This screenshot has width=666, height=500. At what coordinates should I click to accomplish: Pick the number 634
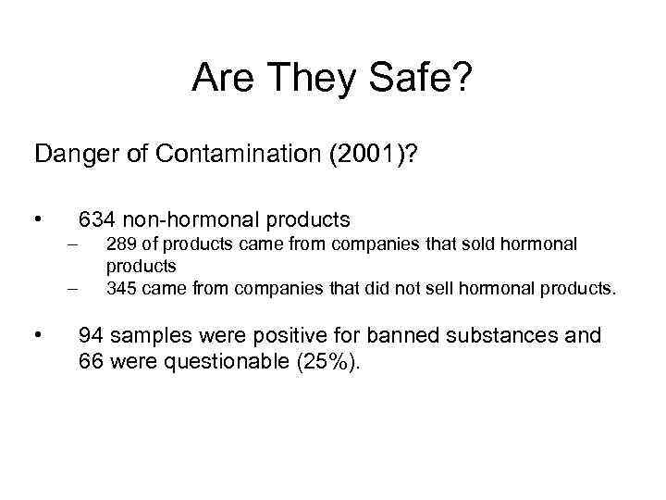point(97,219)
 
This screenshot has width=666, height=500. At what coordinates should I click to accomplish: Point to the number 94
point(91,334)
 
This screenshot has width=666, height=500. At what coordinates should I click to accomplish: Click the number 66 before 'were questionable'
point(91,360)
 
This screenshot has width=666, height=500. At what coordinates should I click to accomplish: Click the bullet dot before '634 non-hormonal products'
point(38,220)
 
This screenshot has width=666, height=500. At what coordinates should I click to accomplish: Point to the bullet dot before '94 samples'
point(38,335)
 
